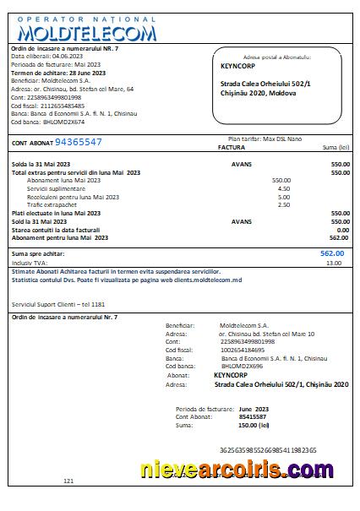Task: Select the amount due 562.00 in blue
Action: click(332, 253)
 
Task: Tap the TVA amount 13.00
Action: click(335, 263)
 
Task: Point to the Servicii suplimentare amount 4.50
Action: click(283, 188)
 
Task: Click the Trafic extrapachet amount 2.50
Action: click(283, 204)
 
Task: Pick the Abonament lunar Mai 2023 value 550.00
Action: click(281, 180)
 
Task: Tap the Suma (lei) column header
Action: click(335, 147)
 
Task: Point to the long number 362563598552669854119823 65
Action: click(267, 450)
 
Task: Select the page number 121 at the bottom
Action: click(68, 481)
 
